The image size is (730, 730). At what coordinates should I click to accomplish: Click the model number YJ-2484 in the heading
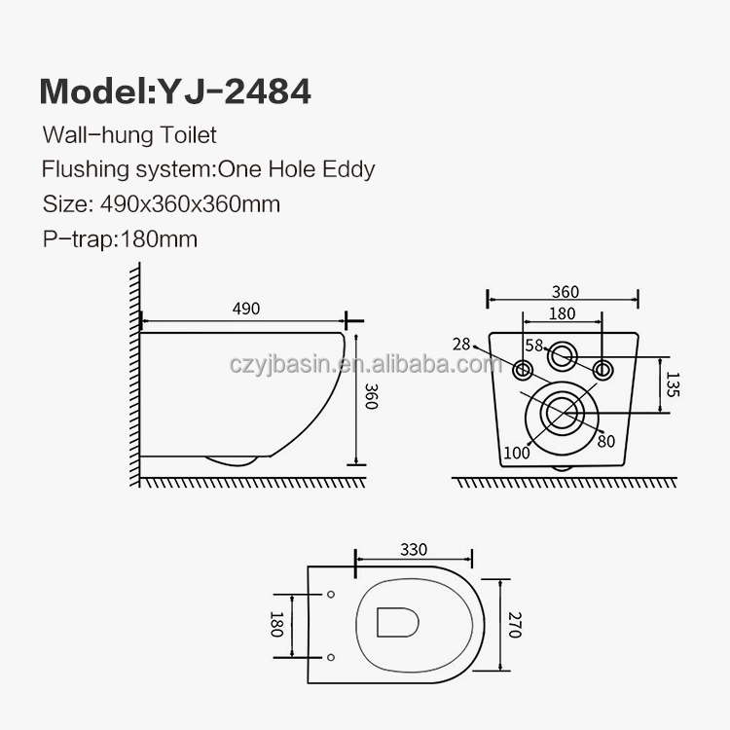click(235, 91)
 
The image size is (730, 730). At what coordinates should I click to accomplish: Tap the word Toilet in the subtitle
click(189, 135)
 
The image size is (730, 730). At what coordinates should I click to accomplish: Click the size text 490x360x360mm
click(191, 204)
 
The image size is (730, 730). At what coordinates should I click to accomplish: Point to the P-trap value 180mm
click(160, 239)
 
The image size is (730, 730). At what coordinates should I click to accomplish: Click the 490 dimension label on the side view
click(246, 309)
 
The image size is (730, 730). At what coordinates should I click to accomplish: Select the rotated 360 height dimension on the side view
click(371, 396)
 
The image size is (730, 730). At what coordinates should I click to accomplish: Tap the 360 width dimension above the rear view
click(566, 292)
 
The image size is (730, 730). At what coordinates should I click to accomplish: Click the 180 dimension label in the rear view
click(562, 313)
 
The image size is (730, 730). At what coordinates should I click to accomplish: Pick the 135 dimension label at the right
click(673, 384)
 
